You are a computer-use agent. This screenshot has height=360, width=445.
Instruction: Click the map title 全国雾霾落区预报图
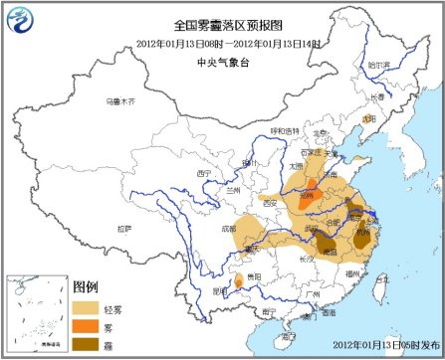point(222,23)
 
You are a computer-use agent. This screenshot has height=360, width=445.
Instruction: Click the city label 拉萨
point(122,228)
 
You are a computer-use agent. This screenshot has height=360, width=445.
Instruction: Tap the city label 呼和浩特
point(283,131)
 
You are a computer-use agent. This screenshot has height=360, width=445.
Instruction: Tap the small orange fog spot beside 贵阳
point(239,284)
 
